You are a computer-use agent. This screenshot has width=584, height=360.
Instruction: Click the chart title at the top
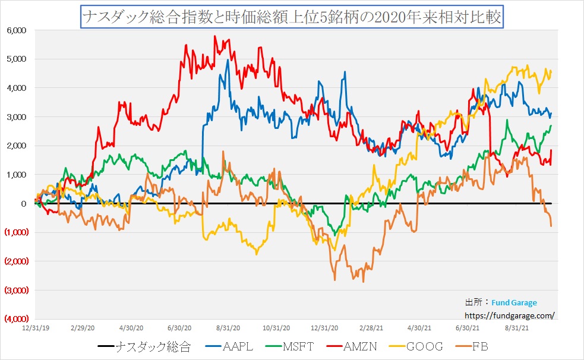(292, 17)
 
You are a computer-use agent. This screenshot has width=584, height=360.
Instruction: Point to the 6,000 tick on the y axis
(16, 30)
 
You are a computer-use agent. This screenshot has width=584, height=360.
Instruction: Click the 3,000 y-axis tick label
(16, 117)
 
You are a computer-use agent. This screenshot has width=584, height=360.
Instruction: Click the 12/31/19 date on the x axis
(34, 327)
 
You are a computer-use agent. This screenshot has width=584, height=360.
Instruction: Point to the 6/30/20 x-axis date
(179, 327)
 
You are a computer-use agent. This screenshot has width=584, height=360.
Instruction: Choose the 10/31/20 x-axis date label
(276, 327)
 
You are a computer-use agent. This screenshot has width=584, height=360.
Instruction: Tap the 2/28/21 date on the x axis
(372, 327)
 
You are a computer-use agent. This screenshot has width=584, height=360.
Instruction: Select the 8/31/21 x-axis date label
(517, 327)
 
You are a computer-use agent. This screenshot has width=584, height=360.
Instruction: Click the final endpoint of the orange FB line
(551, 226)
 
